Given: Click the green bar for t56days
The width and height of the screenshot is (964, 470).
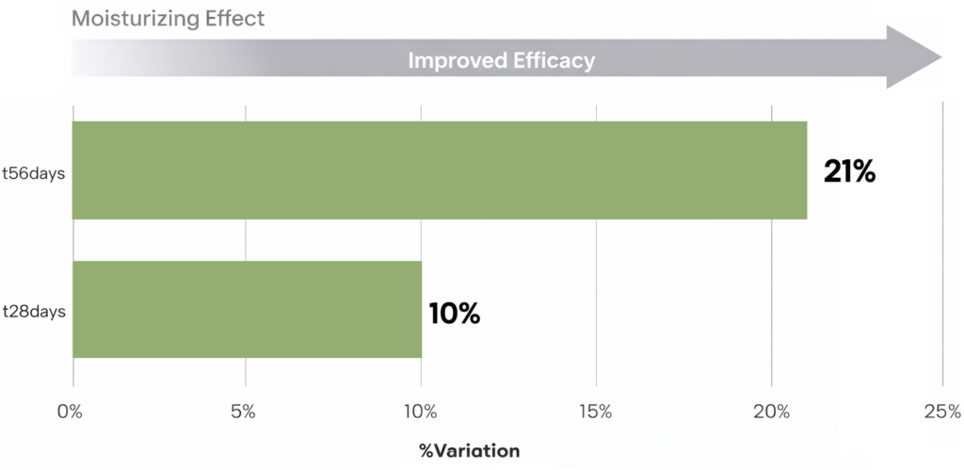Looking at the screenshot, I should (440, 170).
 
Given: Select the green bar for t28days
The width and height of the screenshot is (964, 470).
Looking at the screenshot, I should (247, 310).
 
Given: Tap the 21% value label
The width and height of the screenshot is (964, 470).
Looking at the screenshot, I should (849, 171).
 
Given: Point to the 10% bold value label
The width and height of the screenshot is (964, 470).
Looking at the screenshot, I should (455, 313).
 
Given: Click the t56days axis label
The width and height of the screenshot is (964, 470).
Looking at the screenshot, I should (33, 172).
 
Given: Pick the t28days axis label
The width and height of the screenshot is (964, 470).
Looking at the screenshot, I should (33, 311).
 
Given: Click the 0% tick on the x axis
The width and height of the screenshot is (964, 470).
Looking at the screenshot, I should (70, 412).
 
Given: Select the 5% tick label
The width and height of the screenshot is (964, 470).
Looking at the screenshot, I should (245, 412).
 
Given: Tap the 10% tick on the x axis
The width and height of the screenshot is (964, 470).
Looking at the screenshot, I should (420, 412).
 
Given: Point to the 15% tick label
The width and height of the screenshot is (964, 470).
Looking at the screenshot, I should (597, 412).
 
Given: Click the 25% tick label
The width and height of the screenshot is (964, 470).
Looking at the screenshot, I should (942, 412).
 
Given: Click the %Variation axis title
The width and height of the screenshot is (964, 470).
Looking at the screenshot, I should (469, 451).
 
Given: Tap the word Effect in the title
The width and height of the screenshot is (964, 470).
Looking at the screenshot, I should (235, 18).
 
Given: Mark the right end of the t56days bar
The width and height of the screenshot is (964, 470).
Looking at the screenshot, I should (806, 170).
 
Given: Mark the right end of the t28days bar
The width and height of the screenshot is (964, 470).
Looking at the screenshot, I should (421, 310).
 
